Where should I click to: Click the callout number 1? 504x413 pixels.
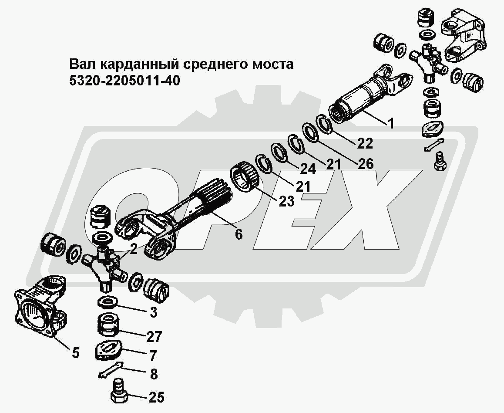pyautogui.click(x=391, y=124)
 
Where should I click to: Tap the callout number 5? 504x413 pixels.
pyautogui.click(x=76, y=352)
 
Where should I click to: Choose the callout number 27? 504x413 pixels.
pyautogui.click(x=154, y=336)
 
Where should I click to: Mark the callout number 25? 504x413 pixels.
pyautogui.click(x=156, y=397)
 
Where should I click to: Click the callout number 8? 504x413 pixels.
pyautogui.click(x=153, y=374)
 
